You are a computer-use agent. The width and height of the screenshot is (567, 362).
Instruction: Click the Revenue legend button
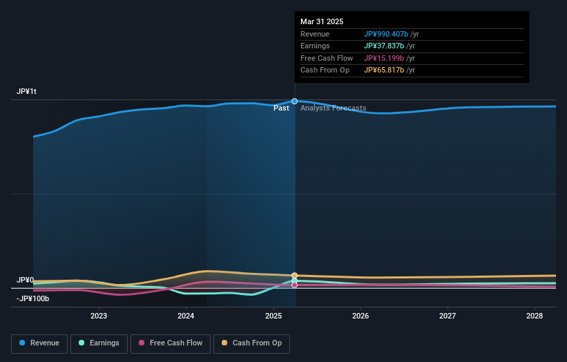pos(39,343)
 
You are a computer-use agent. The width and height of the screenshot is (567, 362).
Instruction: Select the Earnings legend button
pos(99,343)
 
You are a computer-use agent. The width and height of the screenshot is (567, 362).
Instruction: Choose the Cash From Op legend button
pos(251,343)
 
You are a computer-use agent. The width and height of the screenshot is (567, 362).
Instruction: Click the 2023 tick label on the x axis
pos(99,316)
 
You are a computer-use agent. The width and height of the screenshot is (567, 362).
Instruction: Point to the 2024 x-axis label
pos(186,316)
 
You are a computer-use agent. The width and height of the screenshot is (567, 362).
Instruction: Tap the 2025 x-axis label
pos(273,316)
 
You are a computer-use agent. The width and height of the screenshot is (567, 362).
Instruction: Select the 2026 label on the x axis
pos(360,316)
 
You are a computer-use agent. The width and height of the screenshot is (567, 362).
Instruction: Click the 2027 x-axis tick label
pos(448,316)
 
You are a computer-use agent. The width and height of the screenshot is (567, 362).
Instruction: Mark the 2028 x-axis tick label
pos(534,316)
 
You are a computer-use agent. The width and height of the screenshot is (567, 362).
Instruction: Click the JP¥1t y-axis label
pos(27,92)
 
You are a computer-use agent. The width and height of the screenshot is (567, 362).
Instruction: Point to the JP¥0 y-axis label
pos(25,280)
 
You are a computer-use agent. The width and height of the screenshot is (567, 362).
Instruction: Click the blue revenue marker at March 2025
pos(295,102)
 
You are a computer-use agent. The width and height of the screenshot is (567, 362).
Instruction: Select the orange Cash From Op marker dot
pos(295,276)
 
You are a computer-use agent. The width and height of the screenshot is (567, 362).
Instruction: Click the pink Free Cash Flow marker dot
pos(295,285)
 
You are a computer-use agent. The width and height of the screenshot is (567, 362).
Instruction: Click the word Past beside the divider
pos(281,108)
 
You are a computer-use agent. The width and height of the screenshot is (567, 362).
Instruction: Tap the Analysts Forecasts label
pos(333,108)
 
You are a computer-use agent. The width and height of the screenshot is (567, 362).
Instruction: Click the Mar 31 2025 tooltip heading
pos(322,22)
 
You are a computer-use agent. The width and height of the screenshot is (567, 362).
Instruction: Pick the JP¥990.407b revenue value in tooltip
pos(386,34)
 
